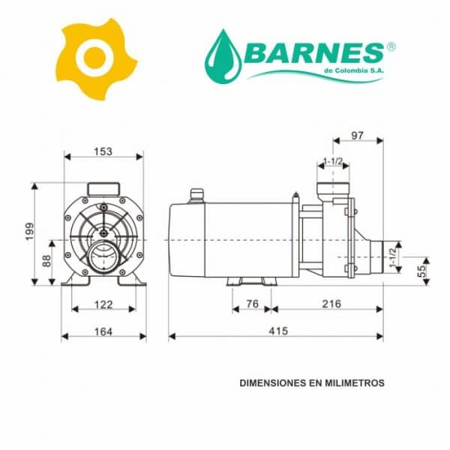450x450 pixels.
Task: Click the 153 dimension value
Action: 103,151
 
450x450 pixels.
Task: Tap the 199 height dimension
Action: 29,231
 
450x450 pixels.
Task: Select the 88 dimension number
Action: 46,261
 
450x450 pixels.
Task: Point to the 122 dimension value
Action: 103,304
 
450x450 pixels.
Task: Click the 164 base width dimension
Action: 103,331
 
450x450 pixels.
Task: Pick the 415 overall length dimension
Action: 278,331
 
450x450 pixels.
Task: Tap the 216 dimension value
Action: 331,304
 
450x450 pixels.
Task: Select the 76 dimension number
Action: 253,304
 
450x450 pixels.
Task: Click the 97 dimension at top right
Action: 357,136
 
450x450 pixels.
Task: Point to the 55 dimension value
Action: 421,271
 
